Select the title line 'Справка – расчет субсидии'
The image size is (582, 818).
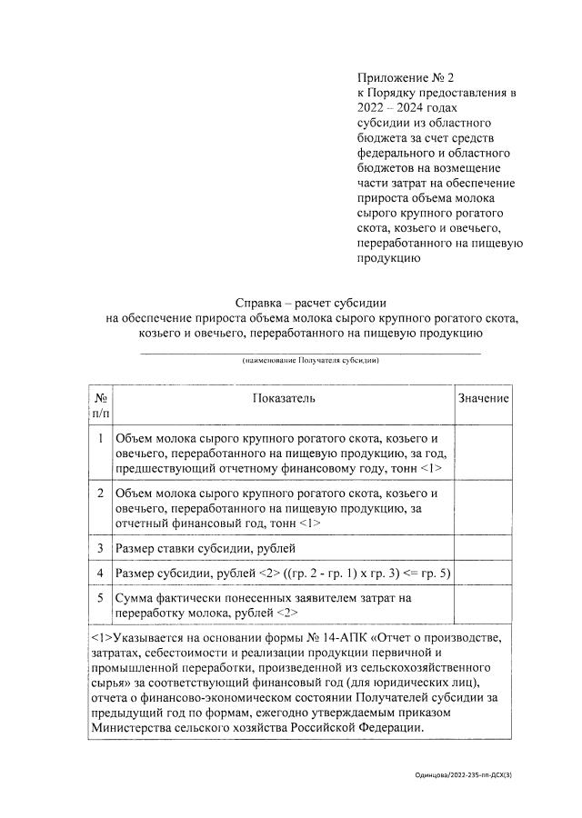tap(311, 303)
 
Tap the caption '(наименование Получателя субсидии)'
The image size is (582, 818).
tap(310, 361)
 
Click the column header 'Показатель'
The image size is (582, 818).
tap(283, 399)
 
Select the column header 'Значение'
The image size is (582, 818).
tap(483, 399)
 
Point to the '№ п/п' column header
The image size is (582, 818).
tap(100, 405)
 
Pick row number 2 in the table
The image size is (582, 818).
tap(100, 494)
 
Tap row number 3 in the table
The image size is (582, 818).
tap(100, 549)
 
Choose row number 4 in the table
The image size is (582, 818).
tap(100, 574)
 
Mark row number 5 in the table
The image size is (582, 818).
tap(100, 598)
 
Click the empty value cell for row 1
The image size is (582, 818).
tap(483, 454)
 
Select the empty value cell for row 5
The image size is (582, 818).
tap(483, 606)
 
